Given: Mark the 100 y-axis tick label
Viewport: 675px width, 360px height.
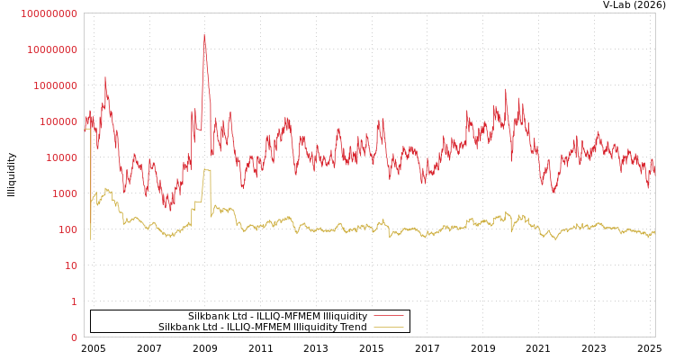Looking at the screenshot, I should click(66, 229).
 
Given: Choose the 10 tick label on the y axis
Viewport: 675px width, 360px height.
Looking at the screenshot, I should click(69, 265).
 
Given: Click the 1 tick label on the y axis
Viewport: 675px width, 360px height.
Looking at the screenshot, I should click(74, 301).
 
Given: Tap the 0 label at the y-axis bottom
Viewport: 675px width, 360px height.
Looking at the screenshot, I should click(74, 337).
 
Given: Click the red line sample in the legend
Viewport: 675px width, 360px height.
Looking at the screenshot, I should click(388, 316).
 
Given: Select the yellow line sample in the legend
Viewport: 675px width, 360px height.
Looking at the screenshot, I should click(388, 327).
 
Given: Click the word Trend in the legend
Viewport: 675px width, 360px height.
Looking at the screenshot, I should click(352, 327).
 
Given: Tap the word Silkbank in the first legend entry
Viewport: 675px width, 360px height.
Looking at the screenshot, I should click(210, 316).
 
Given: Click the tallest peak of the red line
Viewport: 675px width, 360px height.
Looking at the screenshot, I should click(204, 35).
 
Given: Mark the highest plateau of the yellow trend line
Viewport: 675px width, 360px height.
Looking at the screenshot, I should click(207, 169).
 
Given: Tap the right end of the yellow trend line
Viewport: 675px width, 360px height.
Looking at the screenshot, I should click(654, 232).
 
